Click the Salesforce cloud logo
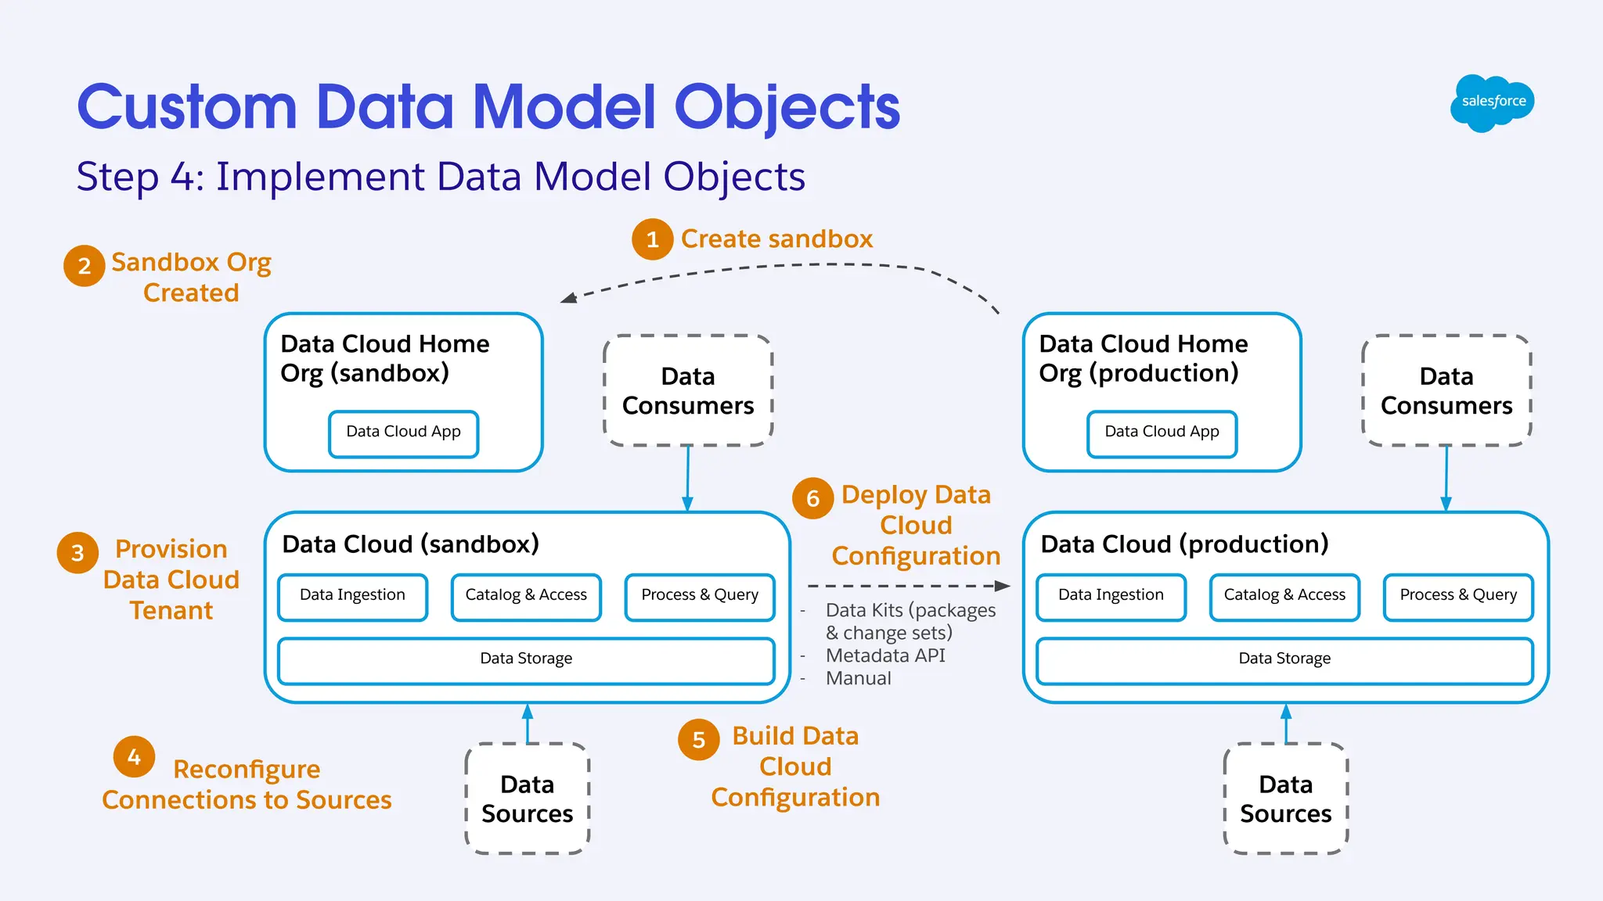(1492, 102)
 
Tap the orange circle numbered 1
(652, 239)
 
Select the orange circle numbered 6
(812, 498)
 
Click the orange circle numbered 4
(134, 756)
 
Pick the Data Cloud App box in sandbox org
(403, 433)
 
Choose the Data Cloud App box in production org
(1162, 433)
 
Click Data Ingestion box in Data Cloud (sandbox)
(352, 597)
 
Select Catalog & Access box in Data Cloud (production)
(1284, 597)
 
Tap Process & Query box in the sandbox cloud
(700, 597)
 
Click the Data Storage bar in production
(1284, 660)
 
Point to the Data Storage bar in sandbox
(526, 660)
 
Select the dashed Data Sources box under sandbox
(527, 799)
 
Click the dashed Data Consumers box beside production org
(1446, 391)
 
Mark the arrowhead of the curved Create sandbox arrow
(569, 297)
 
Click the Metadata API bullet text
(885, 655)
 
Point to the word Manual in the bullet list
(858, 678)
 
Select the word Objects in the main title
(787, 107)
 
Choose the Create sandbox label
(776, 239)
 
